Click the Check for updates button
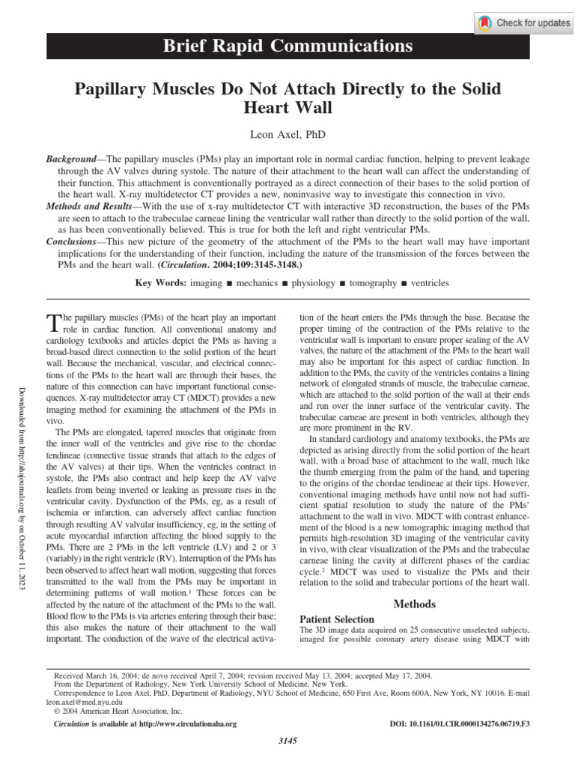(x=523, y=23)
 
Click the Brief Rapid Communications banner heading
(x=287, y=46)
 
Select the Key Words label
(x=160, y=284)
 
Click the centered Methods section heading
(x=414, y=604)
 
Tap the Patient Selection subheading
(x=336, y=619)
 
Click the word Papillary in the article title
(x=112, y=90)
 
